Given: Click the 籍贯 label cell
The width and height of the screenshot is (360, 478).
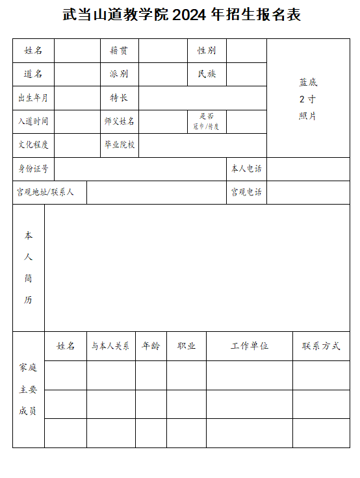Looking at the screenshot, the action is [x=119, y=51].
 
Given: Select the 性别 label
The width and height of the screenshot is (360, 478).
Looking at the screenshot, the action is [x=207, y=51].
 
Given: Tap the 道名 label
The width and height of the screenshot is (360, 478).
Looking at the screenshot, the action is [x=33, y=74].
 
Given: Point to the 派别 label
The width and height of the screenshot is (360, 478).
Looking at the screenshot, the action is [x=119, y=74].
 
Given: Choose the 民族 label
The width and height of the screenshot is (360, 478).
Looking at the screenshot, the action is [x=207, y=74].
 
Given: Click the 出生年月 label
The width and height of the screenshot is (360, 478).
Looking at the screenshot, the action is [x=33, y=98].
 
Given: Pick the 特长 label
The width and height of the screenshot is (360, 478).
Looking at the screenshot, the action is [x=119, y=98].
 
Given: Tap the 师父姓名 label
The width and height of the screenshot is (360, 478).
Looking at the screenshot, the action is [x=119, y=121].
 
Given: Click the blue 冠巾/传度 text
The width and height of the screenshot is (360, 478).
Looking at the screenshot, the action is [x=206, y=126].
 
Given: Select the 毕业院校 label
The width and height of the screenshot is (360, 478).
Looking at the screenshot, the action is [x=119, y=145].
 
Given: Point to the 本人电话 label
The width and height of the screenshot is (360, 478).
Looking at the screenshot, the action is [x=246, y=169].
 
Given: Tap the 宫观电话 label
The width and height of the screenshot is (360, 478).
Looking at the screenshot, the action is [x=246, y=192].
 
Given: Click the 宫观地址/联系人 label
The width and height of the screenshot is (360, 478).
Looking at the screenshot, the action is [x=45, y=192].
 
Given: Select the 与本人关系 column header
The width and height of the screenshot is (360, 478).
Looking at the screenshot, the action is [x=110, y=346].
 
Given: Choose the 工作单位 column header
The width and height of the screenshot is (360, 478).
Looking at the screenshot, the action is [x=250, y=346].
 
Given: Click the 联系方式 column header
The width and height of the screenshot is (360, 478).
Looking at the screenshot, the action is [x=321, y=346].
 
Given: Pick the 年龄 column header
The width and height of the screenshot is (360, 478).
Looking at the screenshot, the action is [x=151, y=346].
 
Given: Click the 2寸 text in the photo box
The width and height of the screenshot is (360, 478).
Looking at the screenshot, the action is [x=307, y=99].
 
